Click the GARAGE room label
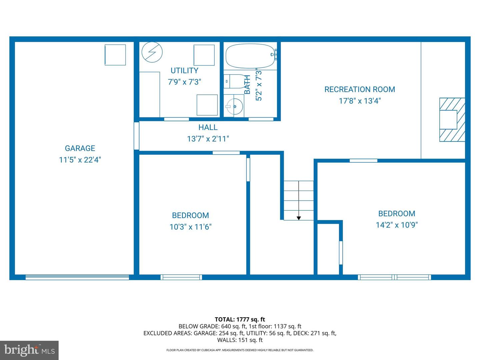pyautogui.click(x=80, y=148)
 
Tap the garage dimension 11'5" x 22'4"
pyautogui.click(x=80, y=160)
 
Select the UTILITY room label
pyautogui.click(x=184, y=71)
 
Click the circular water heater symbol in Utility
pyautogui.click(x=152, y=52)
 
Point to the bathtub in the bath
pyautogui.click(x=250, y=56)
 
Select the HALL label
pyautogui.click(x=208, y=127)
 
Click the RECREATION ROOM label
pyautogui.click(x=360, y=89)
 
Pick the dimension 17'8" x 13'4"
pyautogui.click(x=360, y=101)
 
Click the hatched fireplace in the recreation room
pyautogui.click(x=452, y=120)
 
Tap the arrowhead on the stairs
pyautogui.click(x=299, y=218)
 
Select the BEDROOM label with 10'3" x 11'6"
pyautogui.click(x=190, y=215)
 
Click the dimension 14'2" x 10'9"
pyautogui.click(x=397, y=225)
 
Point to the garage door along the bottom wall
pyautogui.click(x=77, y=277)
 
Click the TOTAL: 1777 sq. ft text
pyautogui.click(x=240, y=319)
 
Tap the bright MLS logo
pyautogui.click(x=29, y=350)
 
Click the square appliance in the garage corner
pyautogui.click(x=115, y=55)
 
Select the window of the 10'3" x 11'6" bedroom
pyautogui.click(x=181, y=277)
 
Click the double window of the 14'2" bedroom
pyautogui.click(x=394, y=277)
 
